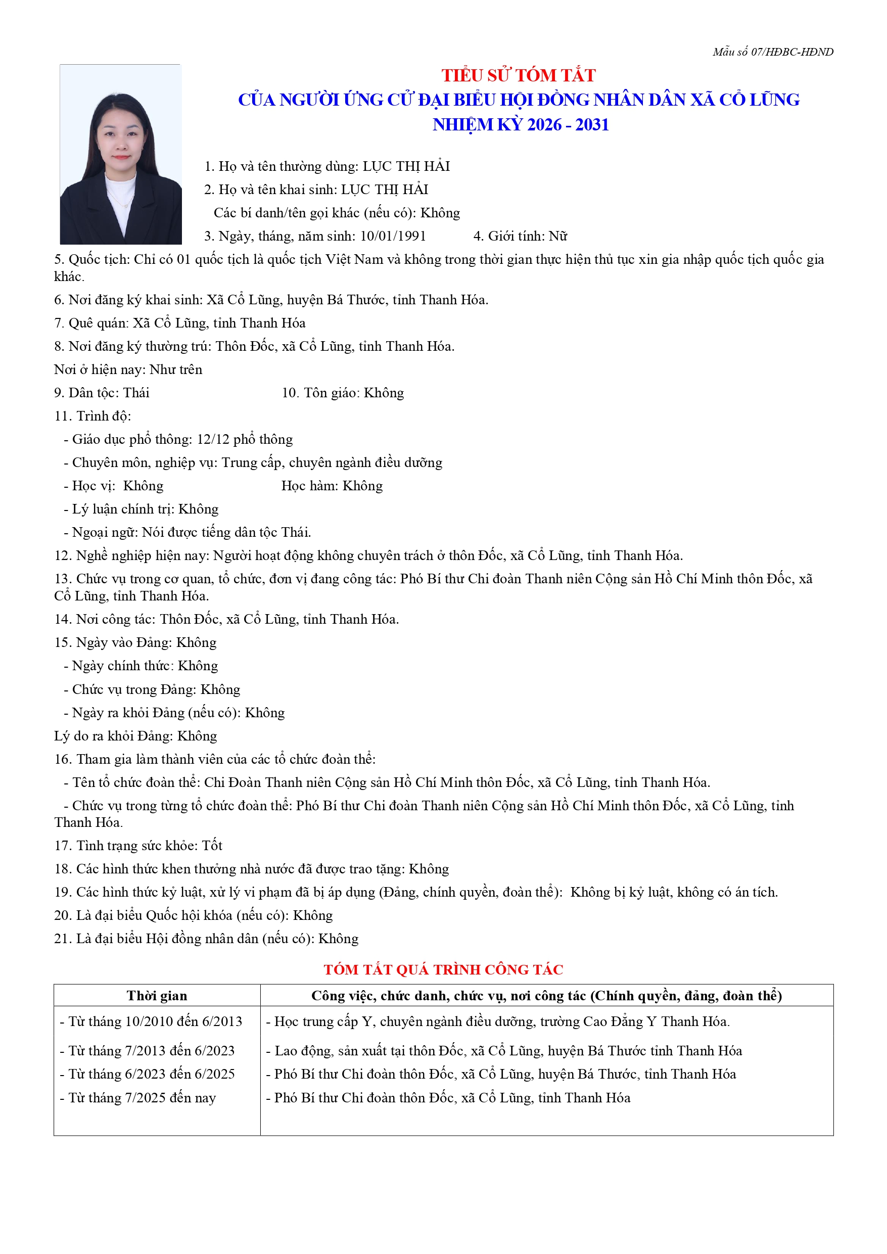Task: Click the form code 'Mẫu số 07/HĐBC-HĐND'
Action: [x=772, y=52]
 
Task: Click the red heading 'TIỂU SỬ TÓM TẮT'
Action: [x=519, y=75]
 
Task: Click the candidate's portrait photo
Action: [x=120, y=154]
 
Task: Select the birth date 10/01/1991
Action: [x=393, y=236]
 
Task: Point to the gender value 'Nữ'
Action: [x=557, y=236]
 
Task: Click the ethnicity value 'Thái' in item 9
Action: [x=136, y=393]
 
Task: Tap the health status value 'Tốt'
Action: [x=212, y=846]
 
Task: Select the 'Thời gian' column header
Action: [x=157, y=996]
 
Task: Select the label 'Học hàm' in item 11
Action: [x=309, y=486]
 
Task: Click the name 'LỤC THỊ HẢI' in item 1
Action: [x=406, y=166]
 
